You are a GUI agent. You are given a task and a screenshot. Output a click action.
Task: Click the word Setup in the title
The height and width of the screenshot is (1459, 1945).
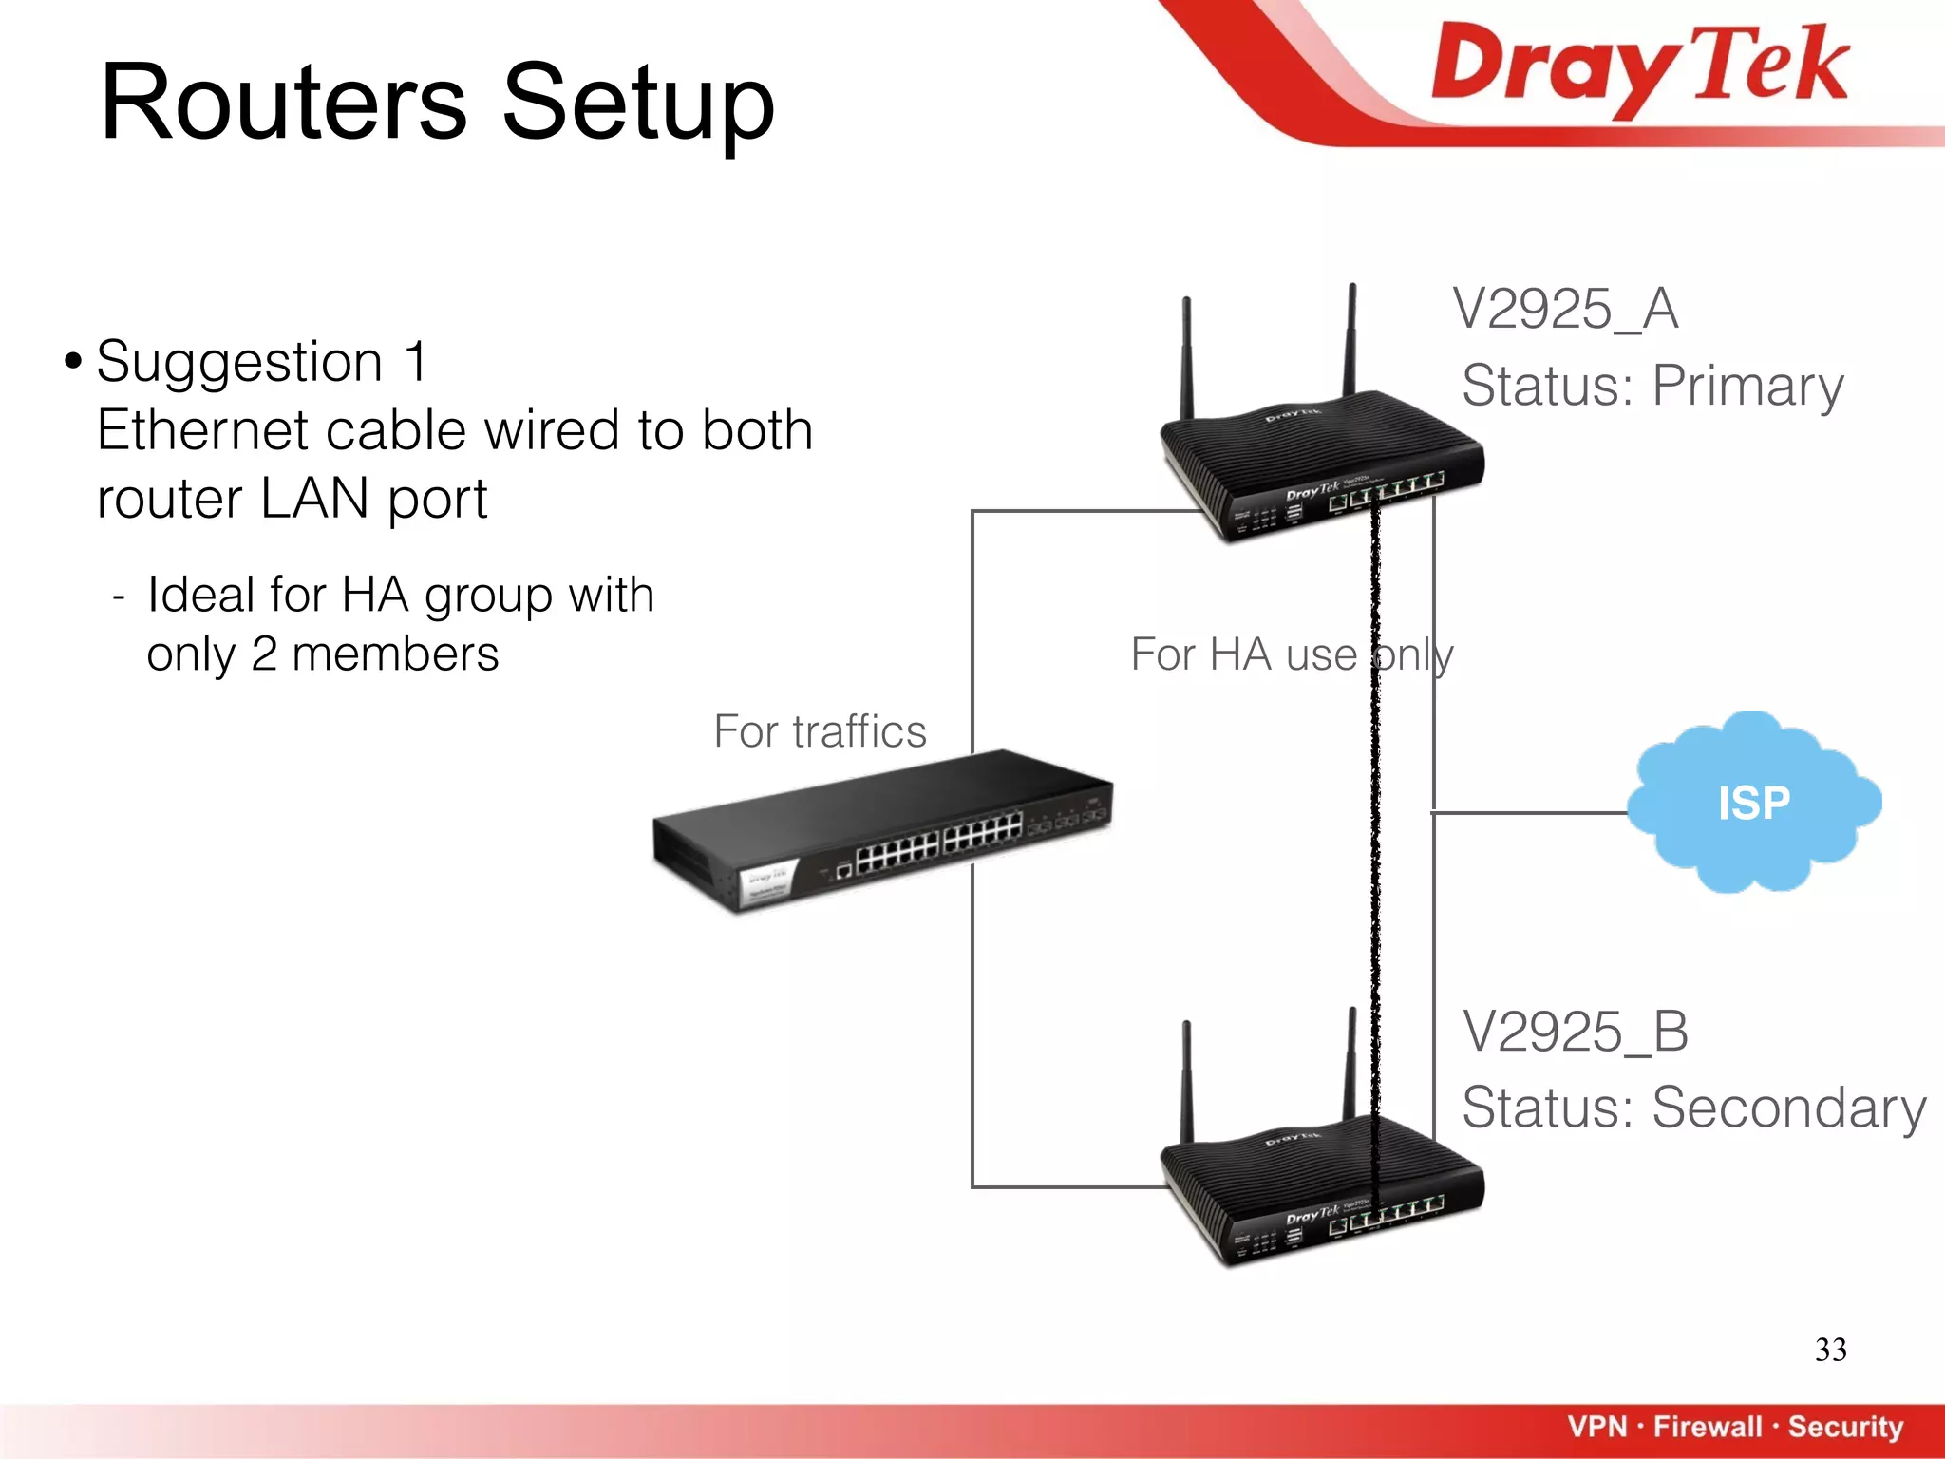pos(637,103)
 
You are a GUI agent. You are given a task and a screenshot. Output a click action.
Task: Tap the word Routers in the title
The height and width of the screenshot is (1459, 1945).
pos(284,103)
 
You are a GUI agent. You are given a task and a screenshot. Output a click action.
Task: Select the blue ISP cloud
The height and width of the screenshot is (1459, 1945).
pos(1753,803)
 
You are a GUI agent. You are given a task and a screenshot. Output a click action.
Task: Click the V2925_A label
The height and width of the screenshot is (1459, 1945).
pos(1565,309)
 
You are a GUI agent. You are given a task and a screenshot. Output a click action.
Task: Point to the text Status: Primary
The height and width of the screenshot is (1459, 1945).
pos(1652,386)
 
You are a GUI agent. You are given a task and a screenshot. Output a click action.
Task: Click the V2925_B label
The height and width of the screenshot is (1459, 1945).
pos(1575,1032)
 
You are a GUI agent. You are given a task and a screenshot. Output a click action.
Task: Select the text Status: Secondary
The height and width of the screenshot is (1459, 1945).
pos(1693,1108)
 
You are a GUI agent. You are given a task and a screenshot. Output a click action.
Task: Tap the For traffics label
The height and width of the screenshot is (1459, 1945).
pos(820,731)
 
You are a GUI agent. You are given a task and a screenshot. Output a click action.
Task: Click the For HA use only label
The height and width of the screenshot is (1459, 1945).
pos(1292,654)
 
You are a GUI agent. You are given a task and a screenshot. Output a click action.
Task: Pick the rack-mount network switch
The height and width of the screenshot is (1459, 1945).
pos(883,831)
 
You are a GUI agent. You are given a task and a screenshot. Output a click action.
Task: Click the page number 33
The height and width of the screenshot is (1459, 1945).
pos(1830,1350)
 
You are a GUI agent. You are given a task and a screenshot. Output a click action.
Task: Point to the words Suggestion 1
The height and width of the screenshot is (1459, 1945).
pos(262,362)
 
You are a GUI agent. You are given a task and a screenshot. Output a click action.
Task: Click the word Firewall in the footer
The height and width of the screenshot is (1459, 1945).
pos(1708,1426)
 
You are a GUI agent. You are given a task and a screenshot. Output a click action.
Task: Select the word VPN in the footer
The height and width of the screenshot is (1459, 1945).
pos(1597,1426)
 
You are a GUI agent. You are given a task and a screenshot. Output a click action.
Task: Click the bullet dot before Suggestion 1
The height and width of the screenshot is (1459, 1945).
pos(73,362)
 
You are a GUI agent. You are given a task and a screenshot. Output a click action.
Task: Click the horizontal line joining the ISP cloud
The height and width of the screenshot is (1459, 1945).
pos(1529,813)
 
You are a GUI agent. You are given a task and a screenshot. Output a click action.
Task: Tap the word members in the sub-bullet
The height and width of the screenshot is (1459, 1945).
pos(395,654)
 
